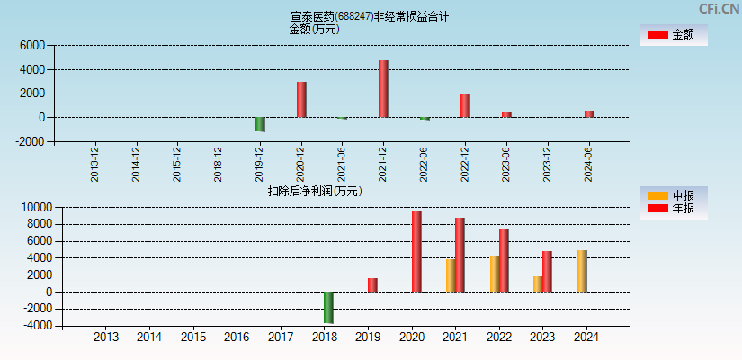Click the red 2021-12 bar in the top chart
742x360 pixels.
383,89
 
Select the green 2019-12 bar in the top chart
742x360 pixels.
260,124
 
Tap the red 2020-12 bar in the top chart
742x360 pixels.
301,100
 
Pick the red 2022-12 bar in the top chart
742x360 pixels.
465,106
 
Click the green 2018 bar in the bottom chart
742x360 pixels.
328,307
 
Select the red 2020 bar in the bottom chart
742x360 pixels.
416,252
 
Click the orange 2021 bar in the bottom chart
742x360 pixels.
450,275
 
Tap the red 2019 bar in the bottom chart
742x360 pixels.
372,284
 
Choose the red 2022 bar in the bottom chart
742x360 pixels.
504,260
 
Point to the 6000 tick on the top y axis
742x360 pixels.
31,45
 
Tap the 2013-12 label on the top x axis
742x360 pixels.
95,164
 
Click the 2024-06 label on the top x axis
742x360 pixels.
588,164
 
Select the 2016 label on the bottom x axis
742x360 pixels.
237,337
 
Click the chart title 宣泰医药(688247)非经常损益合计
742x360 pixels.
370,16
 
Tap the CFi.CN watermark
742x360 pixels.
719,8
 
